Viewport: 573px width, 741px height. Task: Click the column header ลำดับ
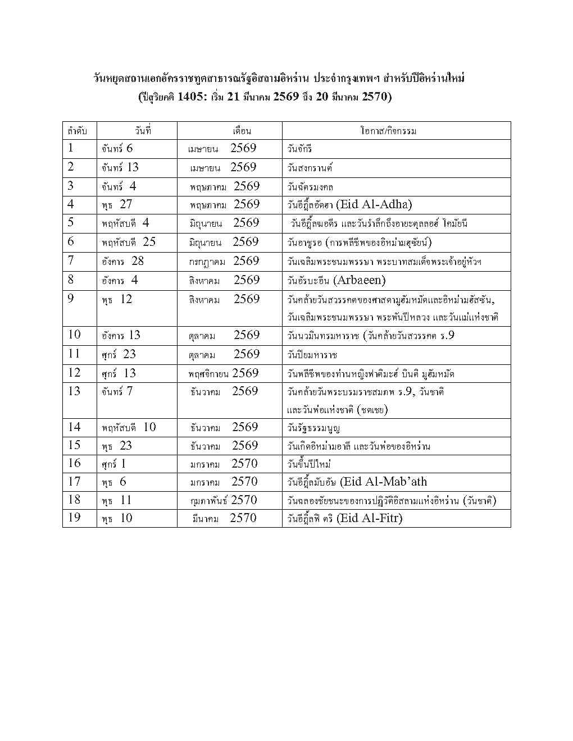(x=77, y=131)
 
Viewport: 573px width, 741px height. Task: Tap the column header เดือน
(x=242, y=131)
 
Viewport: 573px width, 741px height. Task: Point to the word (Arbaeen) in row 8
(x=359, y=280)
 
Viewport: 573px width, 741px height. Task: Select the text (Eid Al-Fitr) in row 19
(x=370, y=518)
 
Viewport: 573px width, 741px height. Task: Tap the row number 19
(x=74, y=518)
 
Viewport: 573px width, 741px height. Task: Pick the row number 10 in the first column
(x=74, y=335)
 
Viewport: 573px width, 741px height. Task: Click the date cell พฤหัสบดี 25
(x=129, y=243)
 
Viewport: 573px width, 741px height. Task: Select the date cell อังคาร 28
(x=122, y=262)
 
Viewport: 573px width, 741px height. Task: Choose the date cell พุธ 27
(x=117, y=205)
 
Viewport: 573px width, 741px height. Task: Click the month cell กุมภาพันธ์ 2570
(x=224, y=500)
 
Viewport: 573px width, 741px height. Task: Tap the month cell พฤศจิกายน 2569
(x=224, y=373)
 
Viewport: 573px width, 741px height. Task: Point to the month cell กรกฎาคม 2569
(x=224, y=262)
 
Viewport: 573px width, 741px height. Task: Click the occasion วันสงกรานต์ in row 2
(x=310, y=168)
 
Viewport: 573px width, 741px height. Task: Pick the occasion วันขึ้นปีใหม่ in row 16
(x=308, y=464)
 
